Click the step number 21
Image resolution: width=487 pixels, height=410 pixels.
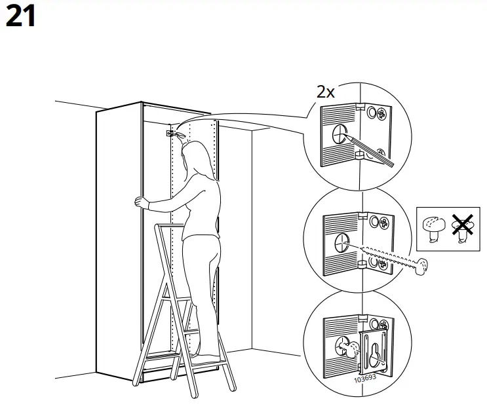point(20,16)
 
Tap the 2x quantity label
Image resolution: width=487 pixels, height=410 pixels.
point(326,92)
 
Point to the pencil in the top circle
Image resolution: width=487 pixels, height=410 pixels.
point(370,150)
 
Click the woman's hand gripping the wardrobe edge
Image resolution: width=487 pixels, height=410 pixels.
point(138,202)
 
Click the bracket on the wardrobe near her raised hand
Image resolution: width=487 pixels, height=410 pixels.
point(170,132)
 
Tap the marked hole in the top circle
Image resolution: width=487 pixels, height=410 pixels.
point(339,136)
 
